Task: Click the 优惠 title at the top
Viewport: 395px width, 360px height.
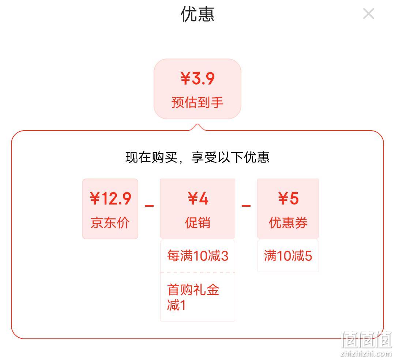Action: tap(197, 14)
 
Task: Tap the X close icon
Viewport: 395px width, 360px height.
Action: tap(369, 14)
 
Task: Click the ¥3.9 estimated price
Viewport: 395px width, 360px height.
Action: tap(197, 78)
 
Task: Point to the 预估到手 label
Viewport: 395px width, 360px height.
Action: tap(197, 102)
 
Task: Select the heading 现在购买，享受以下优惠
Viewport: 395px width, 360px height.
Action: tap(197, 157)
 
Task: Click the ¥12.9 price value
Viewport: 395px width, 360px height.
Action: tap(110, 199)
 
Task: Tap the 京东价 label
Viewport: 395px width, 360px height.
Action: tap(110, 223)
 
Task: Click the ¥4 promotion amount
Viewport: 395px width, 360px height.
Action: tap(198, 199)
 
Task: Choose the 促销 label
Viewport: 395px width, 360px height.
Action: tap(198, 223)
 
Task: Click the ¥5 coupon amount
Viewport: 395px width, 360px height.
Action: tap(288, 199)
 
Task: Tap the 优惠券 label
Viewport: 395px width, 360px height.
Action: tap(288, 223)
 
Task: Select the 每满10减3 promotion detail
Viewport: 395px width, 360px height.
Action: tap(198, 256)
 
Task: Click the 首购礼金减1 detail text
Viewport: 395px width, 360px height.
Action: tap(193, 297)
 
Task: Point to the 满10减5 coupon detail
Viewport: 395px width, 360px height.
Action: tap(288, 256)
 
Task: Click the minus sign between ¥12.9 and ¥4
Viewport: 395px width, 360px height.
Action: tap(149, 206)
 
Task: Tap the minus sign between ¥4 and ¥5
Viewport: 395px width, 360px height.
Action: tap(246, 206)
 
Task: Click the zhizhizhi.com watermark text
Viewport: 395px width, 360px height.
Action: tap(366, 353)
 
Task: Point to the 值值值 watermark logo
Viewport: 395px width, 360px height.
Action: tap(366, 340)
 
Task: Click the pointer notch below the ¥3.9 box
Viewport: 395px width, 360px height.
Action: tap(197, 127)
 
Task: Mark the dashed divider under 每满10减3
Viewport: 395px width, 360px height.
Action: tap(198, 273)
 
